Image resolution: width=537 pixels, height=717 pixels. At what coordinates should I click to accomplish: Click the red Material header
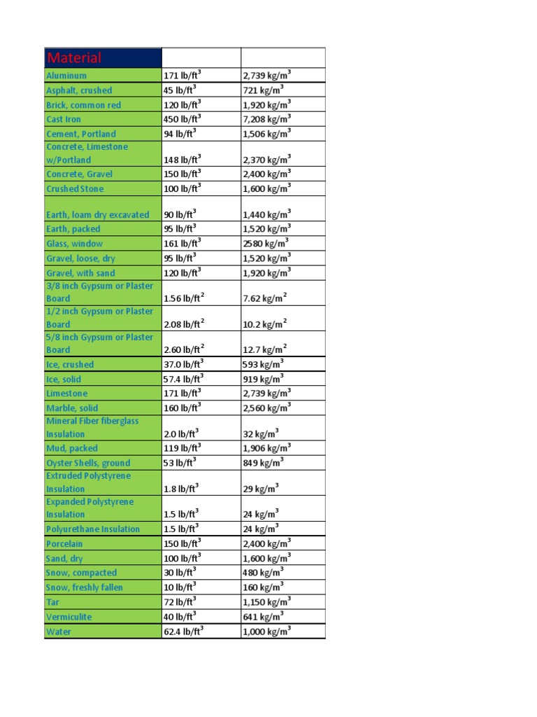[73, 58]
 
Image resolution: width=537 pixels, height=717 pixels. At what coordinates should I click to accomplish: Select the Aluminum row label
[66, 76]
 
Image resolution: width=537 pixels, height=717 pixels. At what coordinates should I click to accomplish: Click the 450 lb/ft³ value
[182, 119]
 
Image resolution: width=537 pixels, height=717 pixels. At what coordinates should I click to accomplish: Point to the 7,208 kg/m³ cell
[266, 119]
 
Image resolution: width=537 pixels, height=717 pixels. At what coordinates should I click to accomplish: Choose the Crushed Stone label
[75, 189]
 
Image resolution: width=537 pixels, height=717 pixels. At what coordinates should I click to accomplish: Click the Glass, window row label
[74, 244]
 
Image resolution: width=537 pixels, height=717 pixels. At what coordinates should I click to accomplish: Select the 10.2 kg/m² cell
[264, 324]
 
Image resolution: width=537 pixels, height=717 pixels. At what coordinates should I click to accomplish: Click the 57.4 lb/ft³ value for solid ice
[184, 379]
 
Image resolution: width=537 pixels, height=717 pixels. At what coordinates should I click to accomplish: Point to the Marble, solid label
[72, 408]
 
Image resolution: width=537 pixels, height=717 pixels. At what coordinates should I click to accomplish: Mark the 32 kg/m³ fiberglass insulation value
[261, 434]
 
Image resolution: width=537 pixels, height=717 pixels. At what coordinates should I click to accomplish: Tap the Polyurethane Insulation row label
[93, 529]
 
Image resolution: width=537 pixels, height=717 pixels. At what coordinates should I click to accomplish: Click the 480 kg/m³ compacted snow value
[263, 573]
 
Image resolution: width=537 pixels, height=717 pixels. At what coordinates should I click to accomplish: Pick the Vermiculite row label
[69, 617]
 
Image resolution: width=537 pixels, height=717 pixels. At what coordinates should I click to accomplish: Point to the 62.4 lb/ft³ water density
[184, 631]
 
